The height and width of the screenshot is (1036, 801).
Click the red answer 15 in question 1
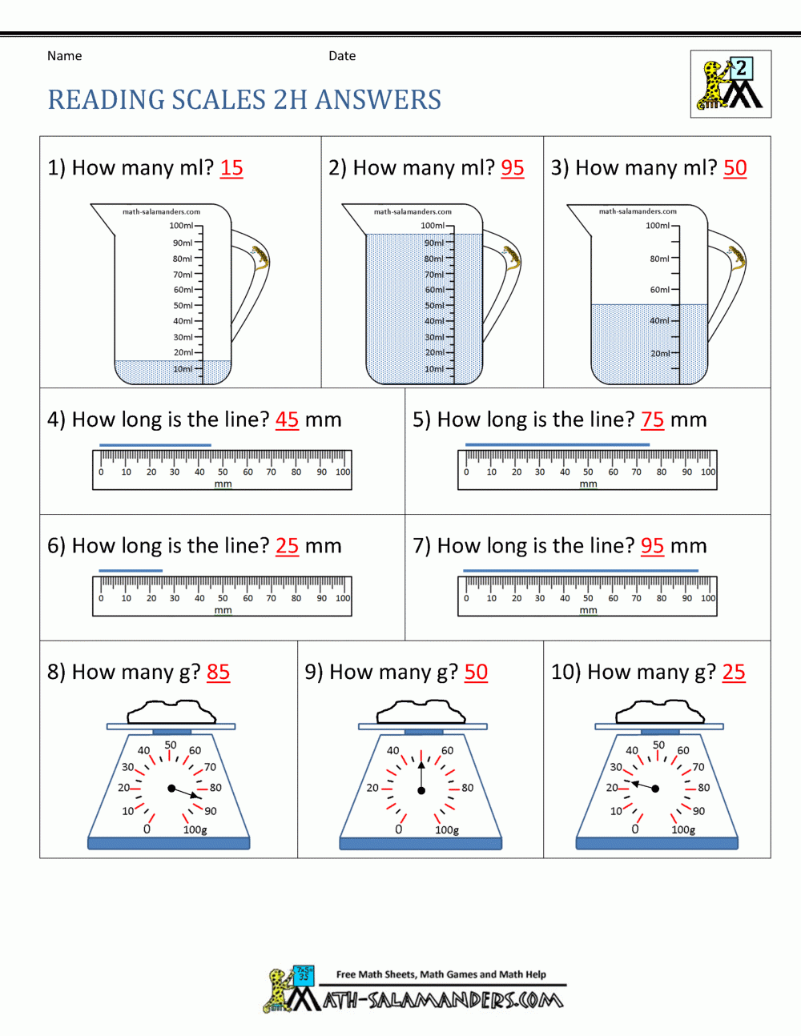tap(231, 168)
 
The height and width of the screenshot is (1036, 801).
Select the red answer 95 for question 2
tap(513, 168)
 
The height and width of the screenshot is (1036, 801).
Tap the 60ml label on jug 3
tap(659, 290)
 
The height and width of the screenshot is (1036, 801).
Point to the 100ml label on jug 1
tap(181, 226)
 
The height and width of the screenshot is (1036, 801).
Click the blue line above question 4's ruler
tap(155, 444)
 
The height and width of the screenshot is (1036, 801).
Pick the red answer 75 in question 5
tap(653, 420)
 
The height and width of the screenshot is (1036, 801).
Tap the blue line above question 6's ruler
tap(131, 571)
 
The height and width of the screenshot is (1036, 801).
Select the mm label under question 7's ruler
tap(588, 610)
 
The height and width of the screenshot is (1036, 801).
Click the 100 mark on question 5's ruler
tap(708, 472)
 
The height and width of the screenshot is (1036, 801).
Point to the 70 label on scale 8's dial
tap(210, 767)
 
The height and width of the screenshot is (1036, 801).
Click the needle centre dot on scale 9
tap(421, 791)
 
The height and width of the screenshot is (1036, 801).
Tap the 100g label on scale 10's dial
tap(683, 830)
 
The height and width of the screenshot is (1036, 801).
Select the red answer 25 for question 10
tap(734, 673)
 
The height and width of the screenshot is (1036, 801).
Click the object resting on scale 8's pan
tap(171, 711)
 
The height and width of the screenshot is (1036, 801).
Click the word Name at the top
tap(65, 56)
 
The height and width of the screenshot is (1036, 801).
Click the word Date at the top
tap(342, 56)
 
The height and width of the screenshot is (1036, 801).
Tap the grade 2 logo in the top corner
tap(731, 84)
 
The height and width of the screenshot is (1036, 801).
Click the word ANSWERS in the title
tap(378, 100)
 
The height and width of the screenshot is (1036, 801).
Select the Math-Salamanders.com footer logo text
tap(442, 1000)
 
